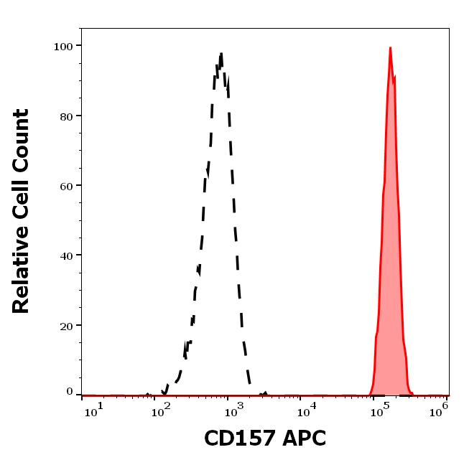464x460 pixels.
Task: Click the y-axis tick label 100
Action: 64,46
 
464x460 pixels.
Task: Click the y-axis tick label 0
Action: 70,392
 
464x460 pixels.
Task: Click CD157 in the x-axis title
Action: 235,438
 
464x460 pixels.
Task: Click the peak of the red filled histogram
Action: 390,48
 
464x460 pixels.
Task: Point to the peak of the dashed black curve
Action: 221,53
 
